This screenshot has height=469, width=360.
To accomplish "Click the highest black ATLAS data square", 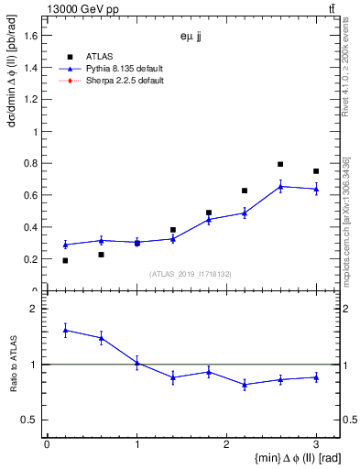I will [280, 164].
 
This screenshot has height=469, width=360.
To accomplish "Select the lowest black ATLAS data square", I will [65, 261].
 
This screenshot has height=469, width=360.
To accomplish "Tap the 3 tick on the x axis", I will [316, 443].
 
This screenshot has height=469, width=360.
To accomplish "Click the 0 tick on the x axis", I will [47, 443].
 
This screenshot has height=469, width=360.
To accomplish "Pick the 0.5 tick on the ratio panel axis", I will [29, 420].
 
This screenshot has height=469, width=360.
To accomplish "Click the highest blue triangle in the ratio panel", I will [65, 330].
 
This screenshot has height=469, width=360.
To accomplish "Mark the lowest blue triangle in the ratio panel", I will [245, 385].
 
